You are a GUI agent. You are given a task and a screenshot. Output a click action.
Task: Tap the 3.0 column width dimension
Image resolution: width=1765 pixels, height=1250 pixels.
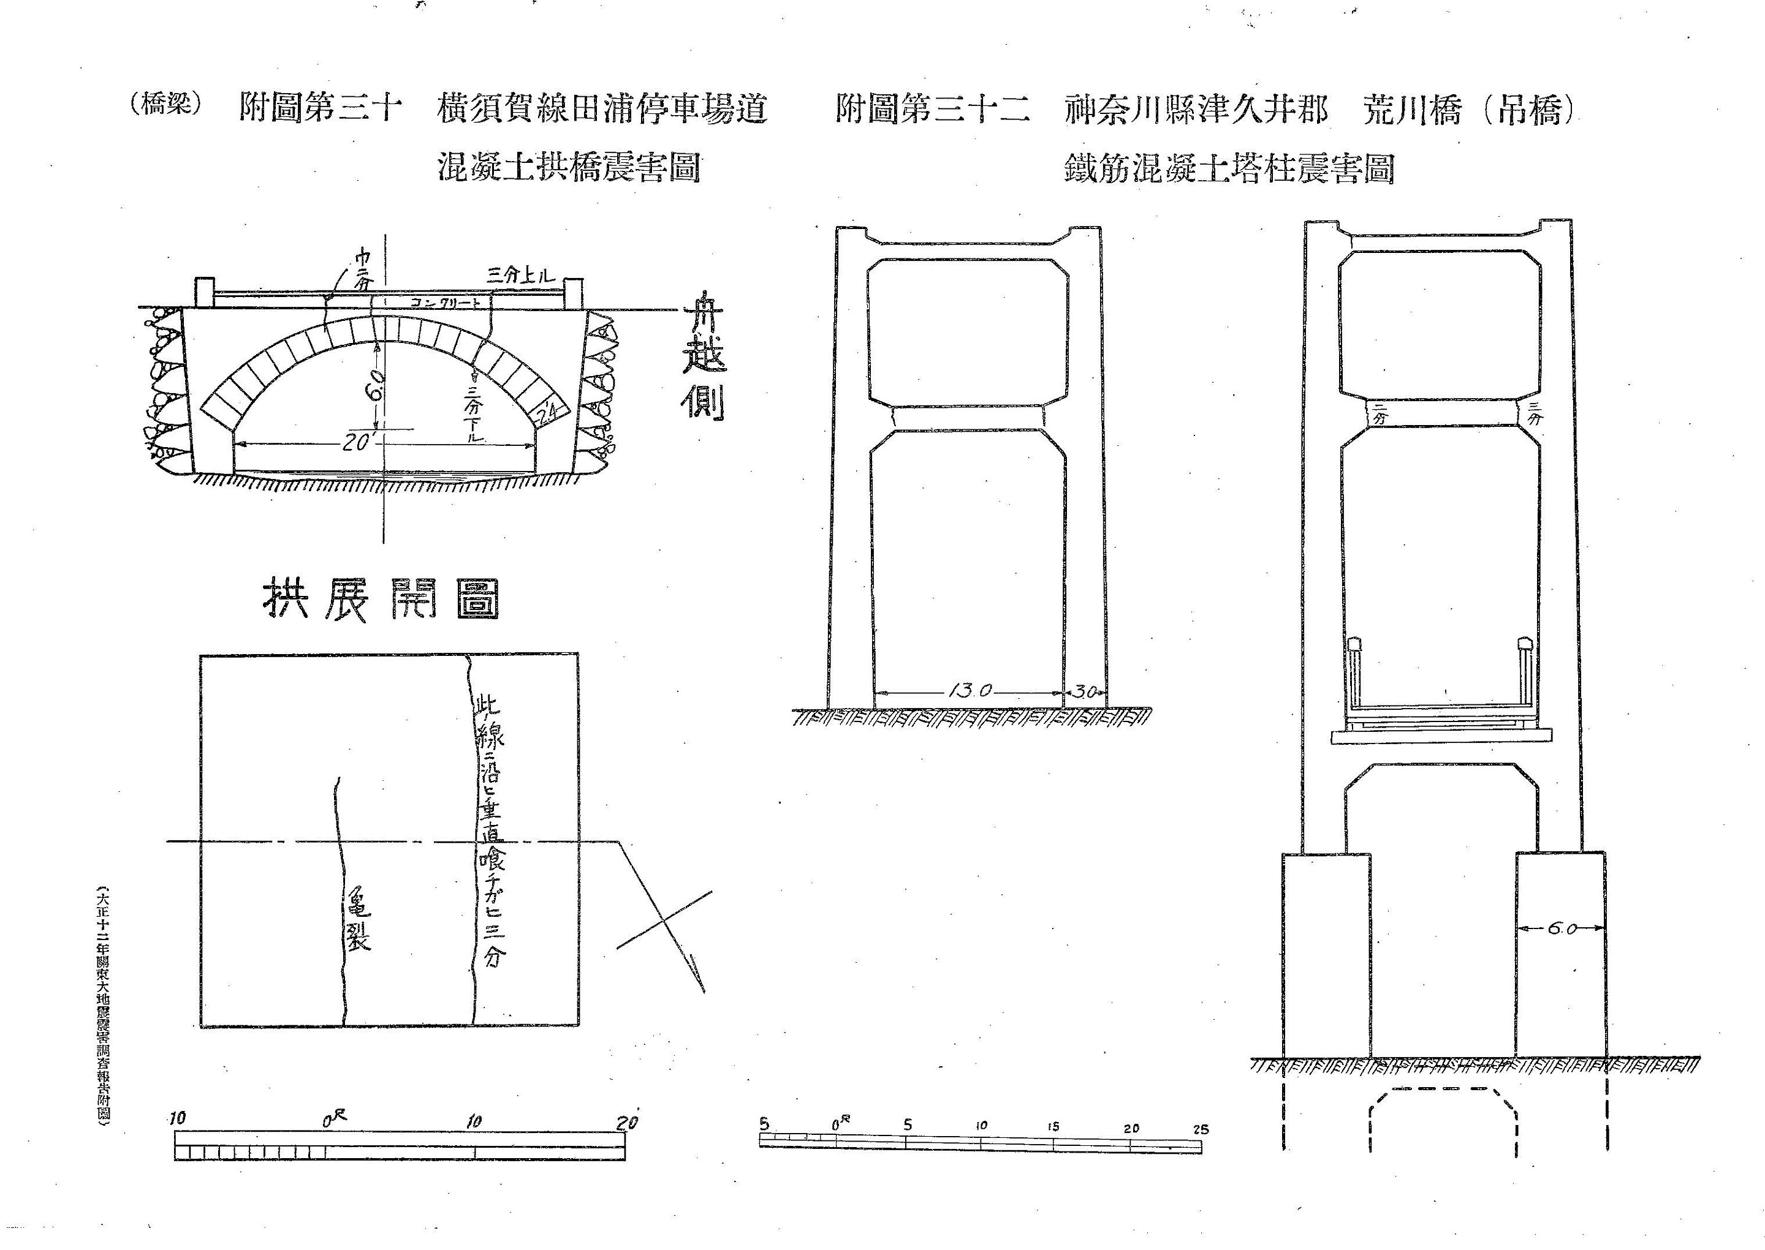point(1085,691)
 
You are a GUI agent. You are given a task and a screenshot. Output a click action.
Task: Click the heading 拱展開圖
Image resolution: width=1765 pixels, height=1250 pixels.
point(381,598)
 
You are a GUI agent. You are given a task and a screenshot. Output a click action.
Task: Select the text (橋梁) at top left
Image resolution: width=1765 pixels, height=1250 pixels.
point(166,105)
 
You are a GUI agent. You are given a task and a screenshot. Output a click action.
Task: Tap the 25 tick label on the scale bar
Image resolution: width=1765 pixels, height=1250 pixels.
point(1201,1130)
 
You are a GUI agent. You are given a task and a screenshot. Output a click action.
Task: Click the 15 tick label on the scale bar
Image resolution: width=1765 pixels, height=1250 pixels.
point(1053,1127)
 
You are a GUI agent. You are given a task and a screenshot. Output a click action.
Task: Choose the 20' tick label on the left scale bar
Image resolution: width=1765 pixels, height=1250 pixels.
point(628,1122)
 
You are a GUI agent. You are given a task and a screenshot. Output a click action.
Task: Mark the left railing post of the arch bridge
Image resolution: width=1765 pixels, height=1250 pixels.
point(204,293)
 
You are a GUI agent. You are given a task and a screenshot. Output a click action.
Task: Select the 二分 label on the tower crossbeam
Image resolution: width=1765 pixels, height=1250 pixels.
point(1378,414)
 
